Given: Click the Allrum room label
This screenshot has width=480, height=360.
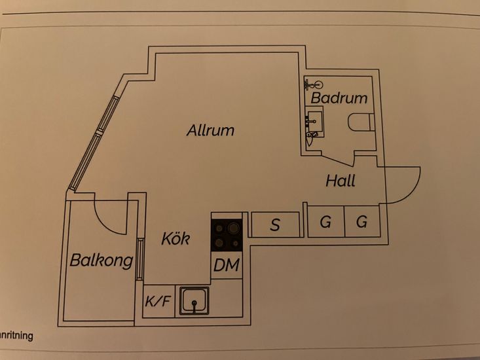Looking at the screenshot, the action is (210, 130).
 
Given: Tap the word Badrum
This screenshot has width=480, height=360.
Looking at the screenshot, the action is (339, 98).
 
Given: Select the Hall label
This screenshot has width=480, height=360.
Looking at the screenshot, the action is (341, 181).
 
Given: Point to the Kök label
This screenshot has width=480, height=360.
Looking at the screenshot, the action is (175, 238).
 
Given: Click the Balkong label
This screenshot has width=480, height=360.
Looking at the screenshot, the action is (102, 261).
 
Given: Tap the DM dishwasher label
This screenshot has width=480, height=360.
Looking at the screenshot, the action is (227, 265).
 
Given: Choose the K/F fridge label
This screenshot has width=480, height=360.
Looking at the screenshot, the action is (158, 301).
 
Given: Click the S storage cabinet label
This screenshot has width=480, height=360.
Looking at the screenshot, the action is (275, 225).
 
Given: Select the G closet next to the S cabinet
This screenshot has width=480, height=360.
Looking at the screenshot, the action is (325, 221).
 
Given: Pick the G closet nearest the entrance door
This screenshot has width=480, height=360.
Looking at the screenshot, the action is (361, 221).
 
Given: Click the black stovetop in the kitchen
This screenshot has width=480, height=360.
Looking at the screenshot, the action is (227, 236).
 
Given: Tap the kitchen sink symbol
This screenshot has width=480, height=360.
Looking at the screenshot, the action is (194, 301).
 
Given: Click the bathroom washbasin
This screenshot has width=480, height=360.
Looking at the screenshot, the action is (314, 122).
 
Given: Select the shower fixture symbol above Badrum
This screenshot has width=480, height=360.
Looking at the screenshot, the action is (314, 84).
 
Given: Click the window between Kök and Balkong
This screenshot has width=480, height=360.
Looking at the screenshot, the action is (140, 259).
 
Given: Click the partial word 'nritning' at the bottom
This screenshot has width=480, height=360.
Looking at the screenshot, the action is (16, 336).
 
